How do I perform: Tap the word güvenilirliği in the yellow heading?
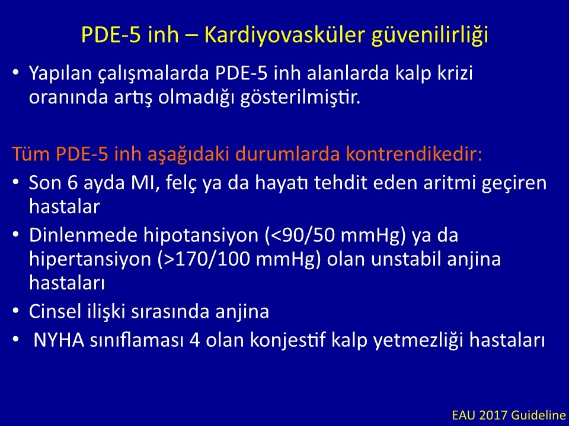[x=430, y=35]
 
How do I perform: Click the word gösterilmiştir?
[x=301, y=98]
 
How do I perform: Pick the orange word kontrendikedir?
[x=414, y=154]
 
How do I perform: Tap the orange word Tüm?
[x=31, y=154]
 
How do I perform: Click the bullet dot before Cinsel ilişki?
[x=15, y=311]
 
